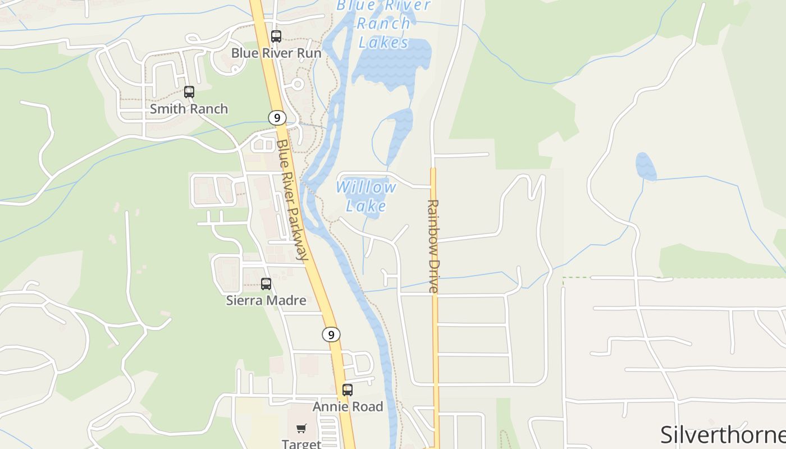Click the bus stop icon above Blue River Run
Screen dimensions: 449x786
click(x=276, y=36)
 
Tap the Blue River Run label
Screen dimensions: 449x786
click(x=276, y=53)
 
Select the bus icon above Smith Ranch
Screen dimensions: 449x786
click(x=189, y=92)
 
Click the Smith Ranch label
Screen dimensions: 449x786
click(x=189, y=109)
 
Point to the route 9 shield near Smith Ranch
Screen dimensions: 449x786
click(x=276, y=118)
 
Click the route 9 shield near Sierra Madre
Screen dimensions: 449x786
click(x=331, y=335)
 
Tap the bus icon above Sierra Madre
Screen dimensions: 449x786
click(x=266, y=284)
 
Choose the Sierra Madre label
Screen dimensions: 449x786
click(x=266, y=300)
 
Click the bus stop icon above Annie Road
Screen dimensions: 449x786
click(x=348, y=390)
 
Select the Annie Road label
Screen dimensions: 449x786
click(x=348, y=406)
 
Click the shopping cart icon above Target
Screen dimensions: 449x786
click(x=301, y=429)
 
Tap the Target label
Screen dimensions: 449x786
click(x=301, y=444)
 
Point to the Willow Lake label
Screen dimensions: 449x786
click(x=366, y=196)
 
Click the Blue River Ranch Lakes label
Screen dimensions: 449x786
click(x=383, y=24)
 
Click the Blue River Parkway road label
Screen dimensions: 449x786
click(x=293, y=200)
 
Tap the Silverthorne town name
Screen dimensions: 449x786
click(x=723, y=435)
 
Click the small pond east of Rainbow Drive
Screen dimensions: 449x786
click(x=646, y=167)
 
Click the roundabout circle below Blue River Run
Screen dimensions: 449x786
click(x=298, y=84)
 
